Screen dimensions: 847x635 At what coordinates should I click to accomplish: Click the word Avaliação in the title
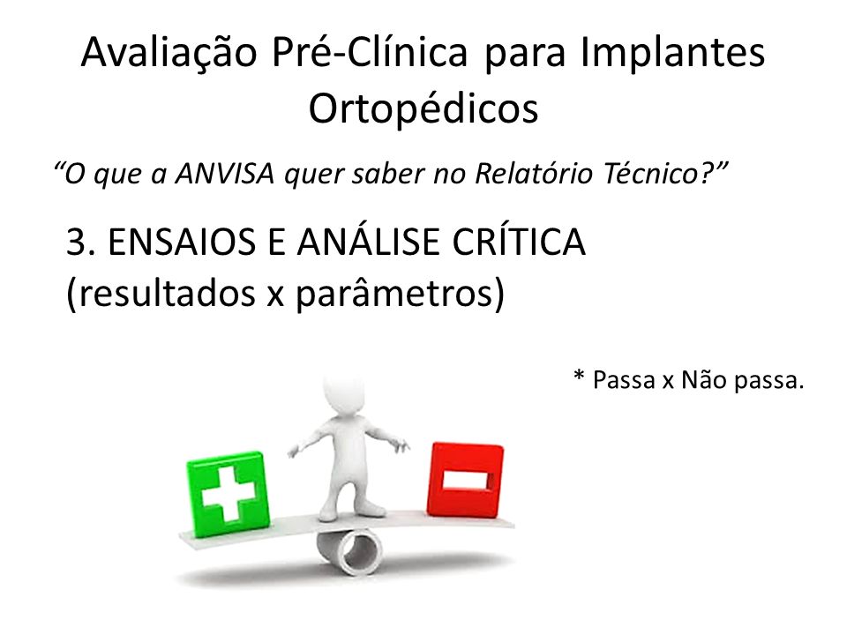tap(169, 53)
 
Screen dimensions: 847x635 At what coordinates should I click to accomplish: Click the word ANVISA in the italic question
tap(225, 174)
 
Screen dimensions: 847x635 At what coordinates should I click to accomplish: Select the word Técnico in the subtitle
tap(656, 174)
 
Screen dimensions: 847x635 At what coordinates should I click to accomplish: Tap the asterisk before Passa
tap(579, 376)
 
